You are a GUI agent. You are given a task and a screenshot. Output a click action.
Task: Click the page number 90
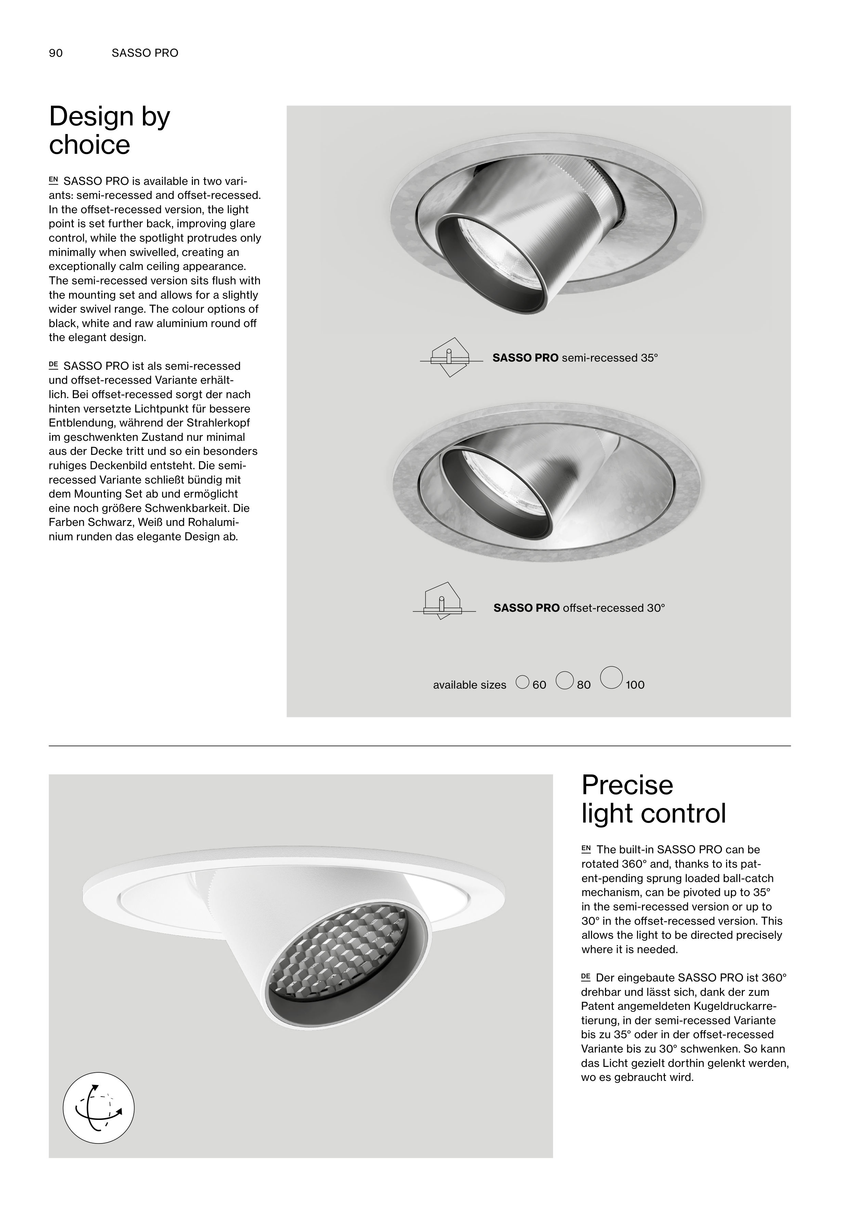pyautogui.click(x=56, y=53)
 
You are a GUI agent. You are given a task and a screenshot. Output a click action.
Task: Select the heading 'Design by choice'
pyautogui.click(x=109, y=131)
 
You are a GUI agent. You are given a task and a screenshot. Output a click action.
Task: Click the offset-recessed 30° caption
pyautogui.click(x=579, y=608)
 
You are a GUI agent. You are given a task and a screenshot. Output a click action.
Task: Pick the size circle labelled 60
pyautogui.click(x=523, y=682)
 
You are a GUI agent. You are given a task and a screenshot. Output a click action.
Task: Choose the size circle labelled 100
pyautogui.click(x=612, y=677)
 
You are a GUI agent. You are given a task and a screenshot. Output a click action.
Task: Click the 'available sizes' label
pyautogui.click(x=469, y=685)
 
